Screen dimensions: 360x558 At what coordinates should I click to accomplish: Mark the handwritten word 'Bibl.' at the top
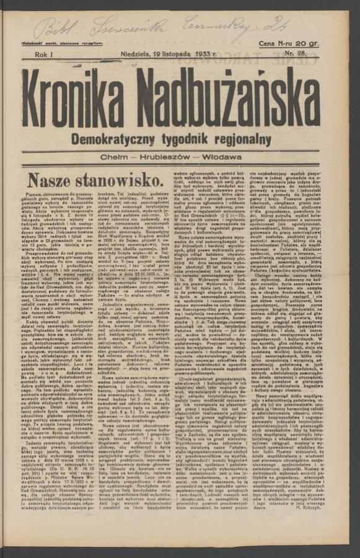pos(53,27)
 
